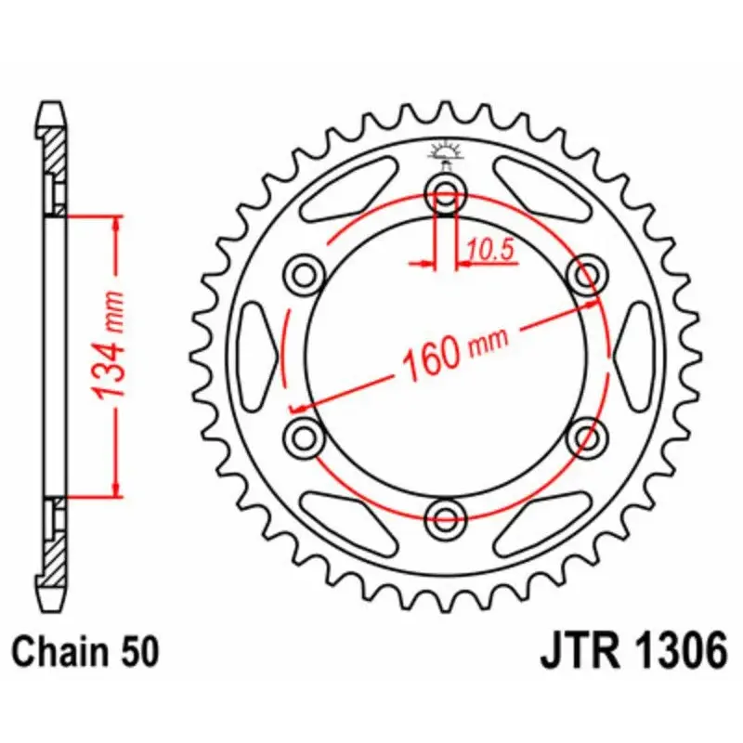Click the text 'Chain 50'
click(x=86, y=651)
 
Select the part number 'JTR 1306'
click(x=632, y=651)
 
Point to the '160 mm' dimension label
click(x=454, y=352)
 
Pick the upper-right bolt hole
click(x=584, y=276)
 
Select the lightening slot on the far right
click(x=633, y=354)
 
